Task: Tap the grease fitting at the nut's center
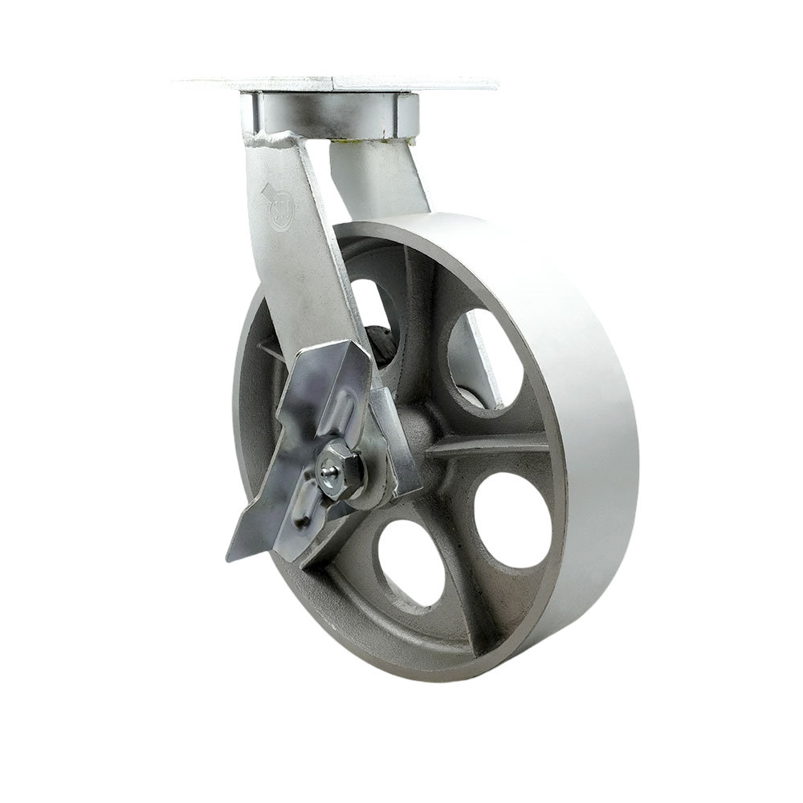click(x=329, y=479)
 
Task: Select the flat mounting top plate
click(x=337, y=83)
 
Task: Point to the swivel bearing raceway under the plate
click(x=329, y=114)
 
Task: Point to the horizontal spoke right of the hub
click(x=490, y=446)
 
